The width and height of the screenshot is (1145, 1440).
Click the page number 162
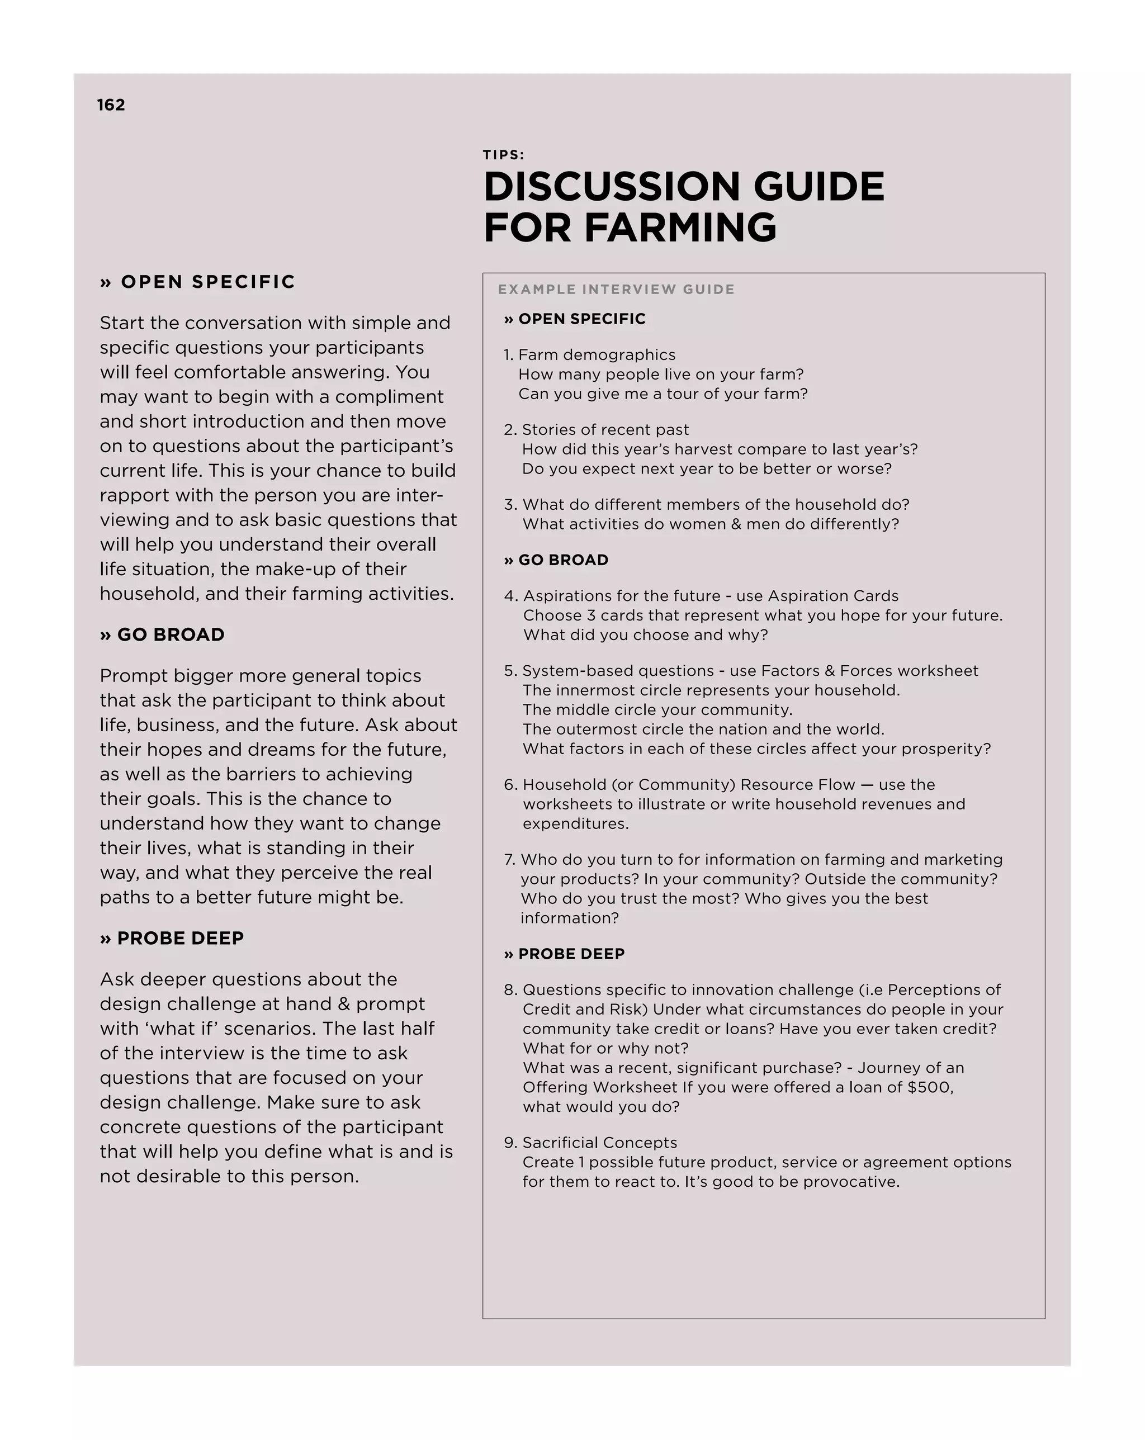tap(111, 105)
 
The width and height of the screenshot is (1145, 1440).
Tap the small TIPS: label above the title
tap(504, 155)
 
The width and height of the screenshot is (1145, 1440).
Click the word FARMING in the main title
tap(680, 228)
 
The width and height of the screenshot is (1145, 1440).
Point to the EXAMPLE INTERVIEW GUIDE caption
tap(616, 289)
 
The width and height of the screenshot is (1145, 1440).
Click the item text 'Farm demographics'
tap(597, 354)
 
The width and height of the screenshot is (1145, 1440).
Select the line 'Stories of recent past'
tap(605, 429)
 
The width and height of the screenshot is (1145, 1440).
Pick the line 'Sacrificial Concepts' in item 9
tap(599, 1142)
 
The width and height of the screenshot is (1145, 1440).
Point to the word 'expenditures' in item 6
tap(575, 823)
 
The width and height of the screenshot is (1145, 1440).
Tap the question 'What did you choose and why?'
tap(645, 634)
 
